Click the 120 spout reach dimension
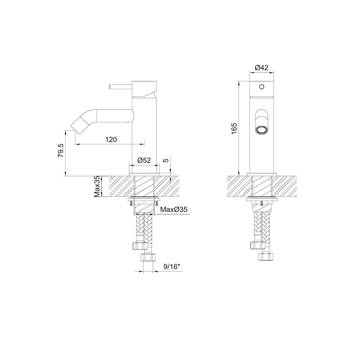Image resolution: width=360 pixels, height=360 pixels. pyautogui.click(x=111, y=139)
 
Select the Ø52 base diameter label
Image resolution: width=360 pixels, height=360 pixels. pyautogui.click(x=144, y=160)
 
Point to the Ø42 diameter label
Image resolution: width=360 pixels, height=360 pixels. pyautogui.click(x=262, y=67)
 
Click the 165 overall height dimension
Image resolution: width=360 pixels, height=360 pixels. pyautogui.click(x=234, y=128)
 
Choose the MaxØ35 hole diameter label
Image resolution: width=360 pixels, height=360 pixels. pyautogui.click(x=174, y=210)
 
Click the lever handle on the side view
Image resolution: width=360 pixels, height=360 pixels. pyautogui.click(x=121, y=87)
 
